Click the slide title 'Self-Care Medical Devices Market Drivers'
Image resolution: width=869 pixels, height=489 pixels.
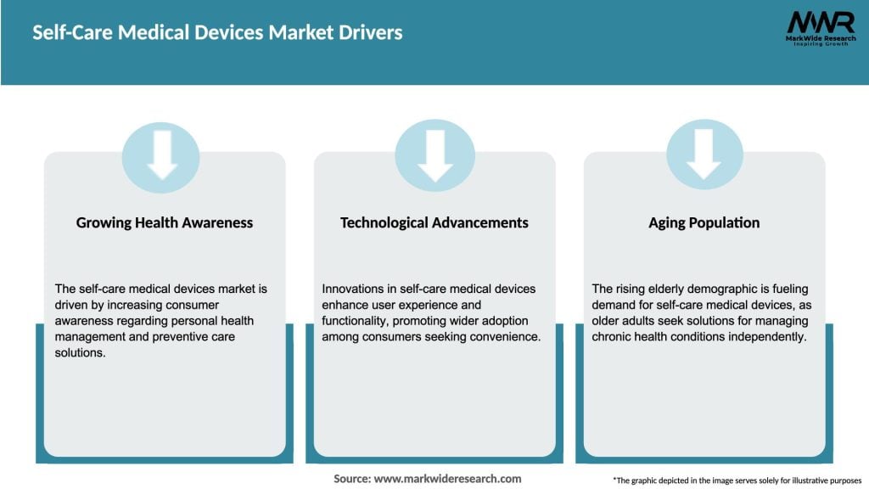[217, 33]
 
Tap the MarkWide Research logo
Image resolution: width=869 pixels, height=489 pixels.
[819, 28]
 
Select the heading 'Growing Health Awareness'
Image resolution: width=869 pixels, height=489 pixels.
[165, 223]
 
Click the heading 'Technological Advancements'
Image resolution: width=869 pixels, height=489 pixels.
[434, 223]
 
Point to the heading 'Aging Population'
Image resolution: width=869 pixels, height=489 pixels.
[704, 223]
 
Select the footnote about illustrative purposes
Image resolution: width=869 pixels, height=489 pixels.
[737, 480]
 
